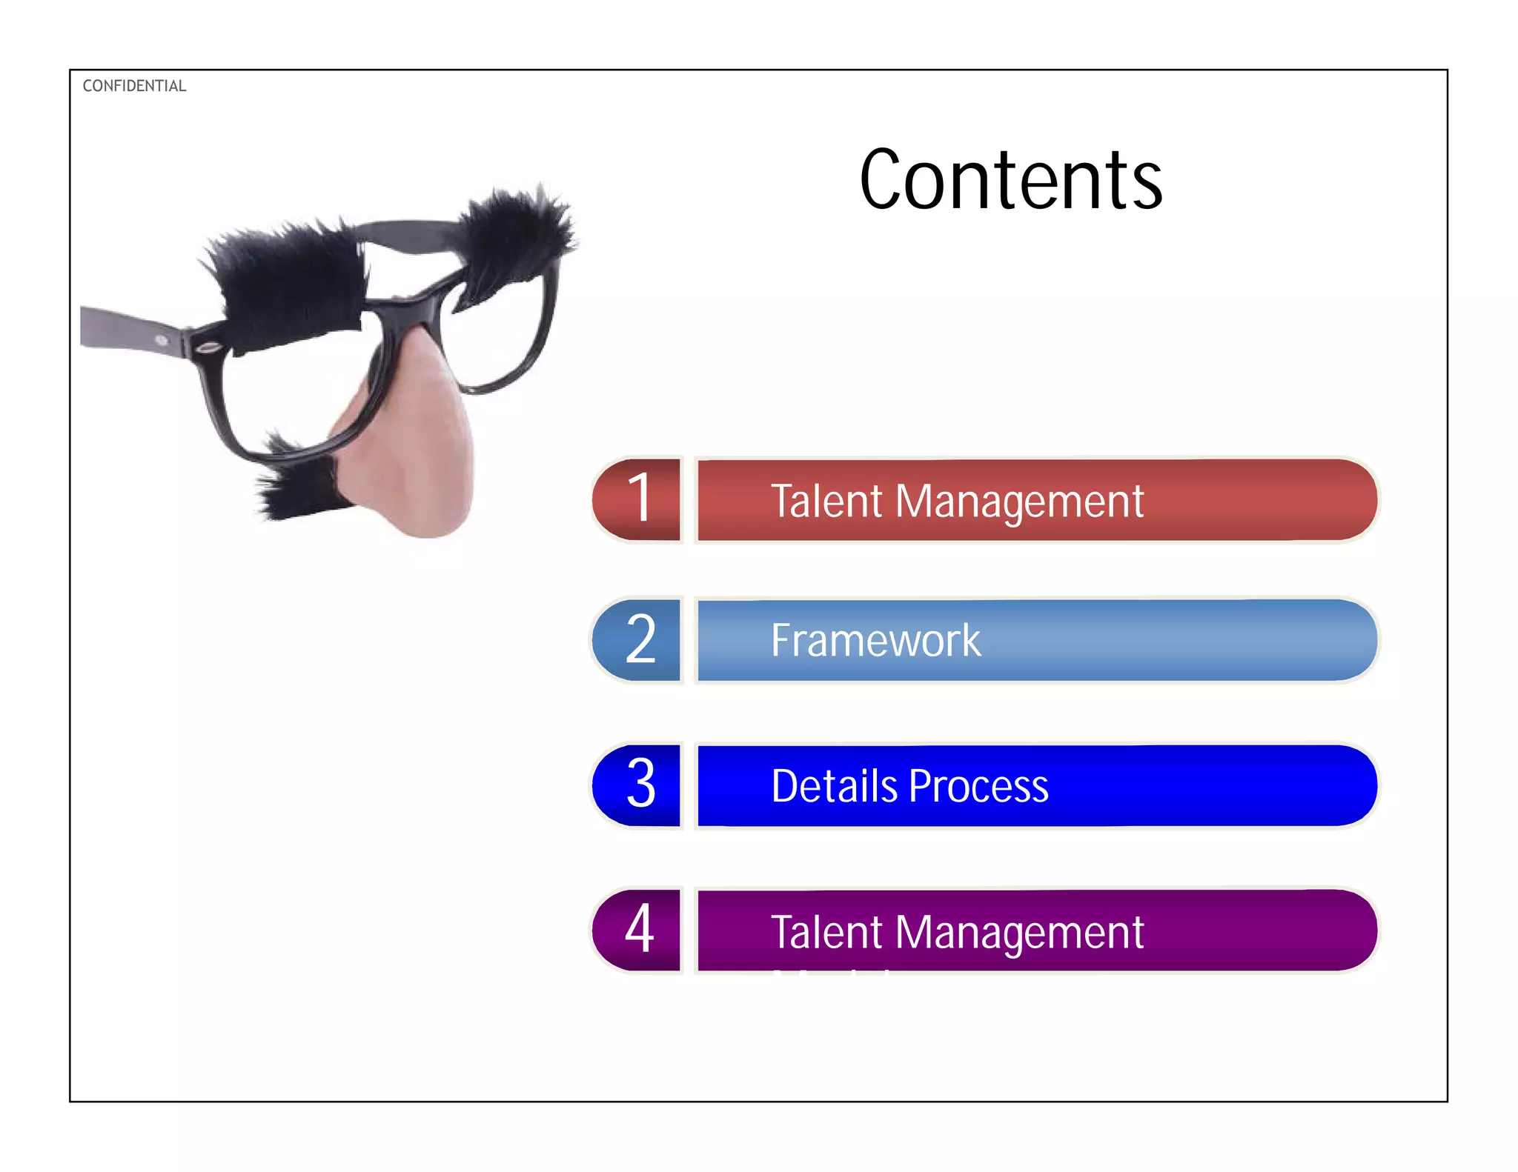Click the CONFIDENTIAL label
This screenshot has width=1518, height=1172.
click(x=134, y=86)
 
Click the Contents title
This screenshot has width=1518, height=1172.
click(x=1011, y=180)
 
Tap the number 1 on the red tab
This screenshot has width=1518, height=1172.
click(x=640, y=499)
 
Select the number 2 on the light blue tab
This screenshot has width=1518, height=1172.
click(x=640, y=639)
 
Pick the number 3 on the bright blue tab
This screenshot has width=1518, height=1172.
click(x=641, y=784)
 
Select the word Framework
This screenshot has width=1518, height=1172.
click(x=875, y=640)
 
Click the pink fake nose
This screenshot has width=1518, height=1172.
click(x=415, y=459)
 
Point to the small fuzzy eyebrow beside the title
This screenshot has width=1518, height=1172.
click(x=515, y=230)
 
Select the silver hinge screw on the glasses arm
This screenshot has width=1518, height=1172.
click(x=162, y=340)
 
